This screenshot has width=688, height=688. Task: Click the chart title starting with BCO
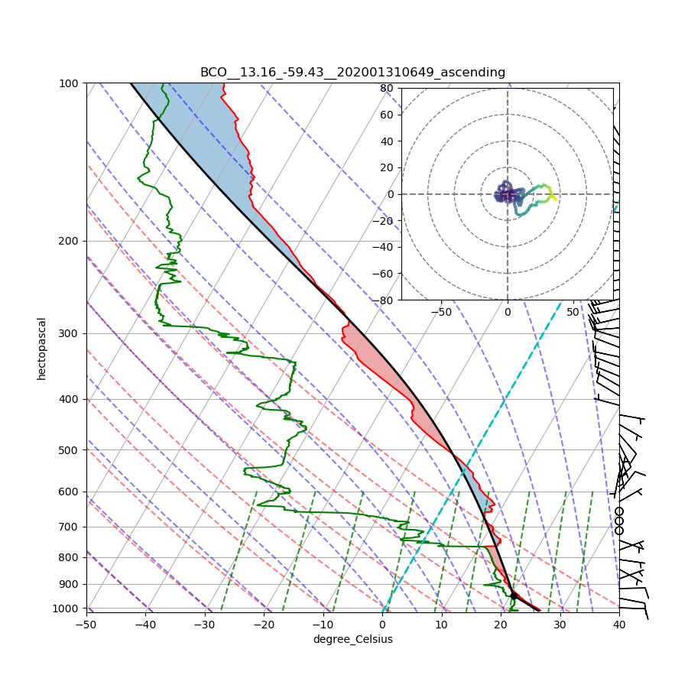pyautogui.click(x=352, y=73)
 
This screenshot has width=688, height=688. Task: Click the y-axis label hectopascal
pyautogui.click(x=41, y=348)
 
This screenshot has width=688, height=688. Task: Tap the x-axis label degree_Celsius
pyautogui.click(x=352, y=639)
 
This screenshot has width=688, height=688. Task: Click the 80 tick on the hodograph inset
pyautogui.click(x=387, y=88)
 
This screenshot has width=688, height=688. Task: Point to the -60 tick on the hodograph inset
pyautogui.click(x=384, y=274)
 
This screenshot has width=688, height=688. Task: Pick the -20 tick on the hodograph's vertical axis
pyautogui.click(x=384, y=221)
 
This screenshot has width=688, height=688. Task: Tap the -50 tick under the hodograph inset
pyautogui.click(x=441, y=312)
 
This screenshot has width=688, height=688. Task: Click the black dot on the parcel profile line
pyautogui.click(x=514, y=595)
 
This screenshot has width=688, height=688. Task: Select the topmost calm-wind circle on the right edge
pyautogui.click(x=619, y=511)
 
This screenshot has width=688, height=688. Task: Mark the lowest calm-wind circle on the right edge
pyautogui.click(x=619, y=531)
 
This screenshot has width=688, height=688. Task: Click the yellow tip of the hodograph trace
pyautogui.click(x=553, y=199)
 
